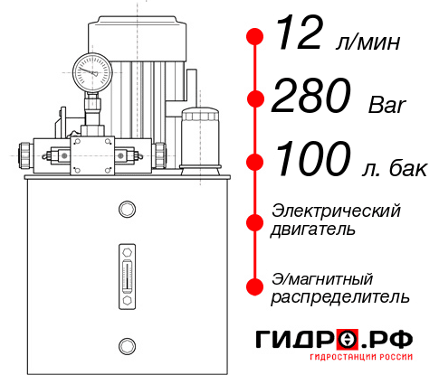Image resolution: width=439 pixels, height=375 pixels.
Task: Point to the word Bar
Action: [x=387, y=105]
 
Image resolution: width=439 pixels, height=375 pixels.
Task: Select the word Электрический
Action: [x=336, y=211]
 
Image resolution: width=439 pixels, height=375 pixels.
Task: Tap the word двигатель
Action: [x=313, y=230]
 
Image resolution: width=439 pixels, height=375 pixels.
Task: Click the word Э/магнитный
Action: [x=323, y=277]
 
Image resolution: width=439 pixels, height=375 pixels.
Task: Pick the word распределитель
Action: [x=340, y=296]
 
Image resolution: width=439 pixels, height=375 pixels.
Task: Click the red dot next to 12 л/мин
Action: [x=255, y=37]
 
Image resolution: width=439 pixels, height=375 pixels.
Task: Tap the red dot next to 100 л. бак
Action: [x=255, y=162]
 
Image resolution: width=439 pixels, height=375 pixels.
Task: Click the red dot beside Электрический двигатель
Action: [x=255, y=220]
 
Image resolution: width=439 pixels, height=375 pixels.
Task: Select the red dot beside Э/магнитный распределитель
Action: [x=255, y=286]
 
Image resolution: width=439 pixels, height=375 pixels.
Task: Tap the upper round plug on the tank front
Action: [x=127, y=211]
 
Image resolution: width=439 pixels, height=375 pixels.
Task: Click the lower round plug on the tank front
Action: [x=127, y=343]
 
